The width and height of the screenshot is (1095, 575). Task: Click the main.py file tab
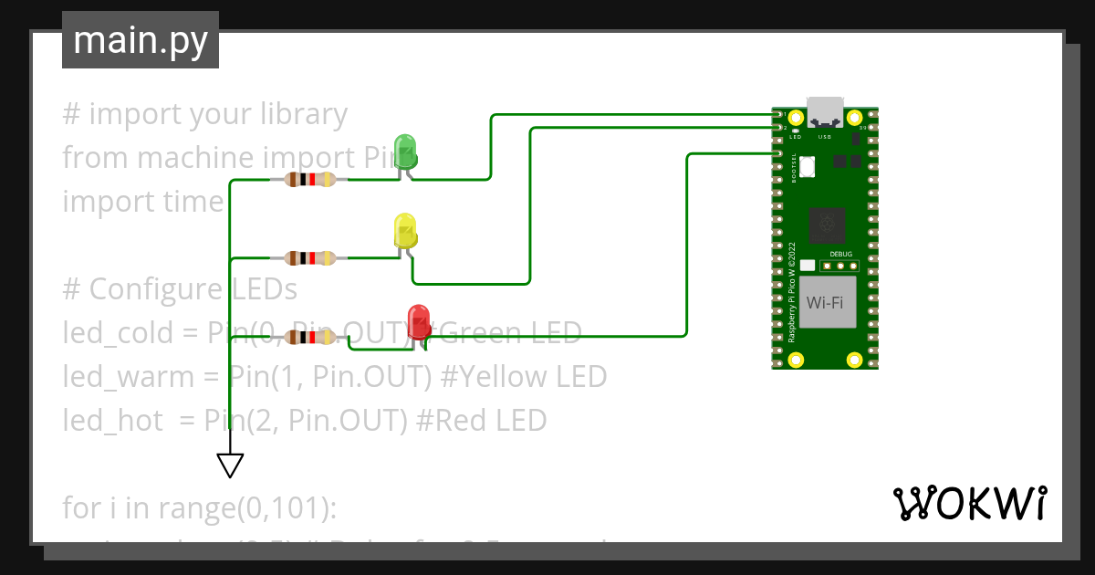(140, 41)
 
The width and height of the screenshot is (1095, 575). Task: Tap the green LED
(404, 151)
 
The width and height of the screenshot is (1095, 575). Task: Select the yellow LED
(404, 230)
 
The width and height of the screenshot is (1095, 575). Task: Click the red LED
(419, 320)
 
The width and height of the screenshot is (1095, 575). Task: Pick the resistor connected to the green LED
(310, 180)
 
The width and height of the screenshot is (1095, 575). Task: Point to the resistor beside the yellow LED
(310, 258)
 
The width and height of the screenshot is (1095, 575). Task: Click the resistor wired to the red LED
(310, 338)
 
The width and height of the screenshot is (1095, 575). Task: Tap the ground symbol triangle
(230, 465)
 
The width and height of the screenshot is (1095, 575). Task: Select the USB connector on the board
(825, 110)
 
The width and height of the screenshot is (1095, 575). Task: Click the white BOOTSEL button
(808, 166)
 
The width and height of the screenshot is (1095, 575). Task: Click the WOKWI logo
(969, 503)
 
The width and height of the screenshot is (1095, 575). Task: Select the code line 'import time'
(142, 202)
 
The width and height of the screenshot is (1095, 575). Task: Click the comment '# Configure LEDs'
(180, 289)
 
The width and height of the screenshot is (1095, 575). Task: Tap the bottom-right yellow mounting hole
(854, 360)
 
